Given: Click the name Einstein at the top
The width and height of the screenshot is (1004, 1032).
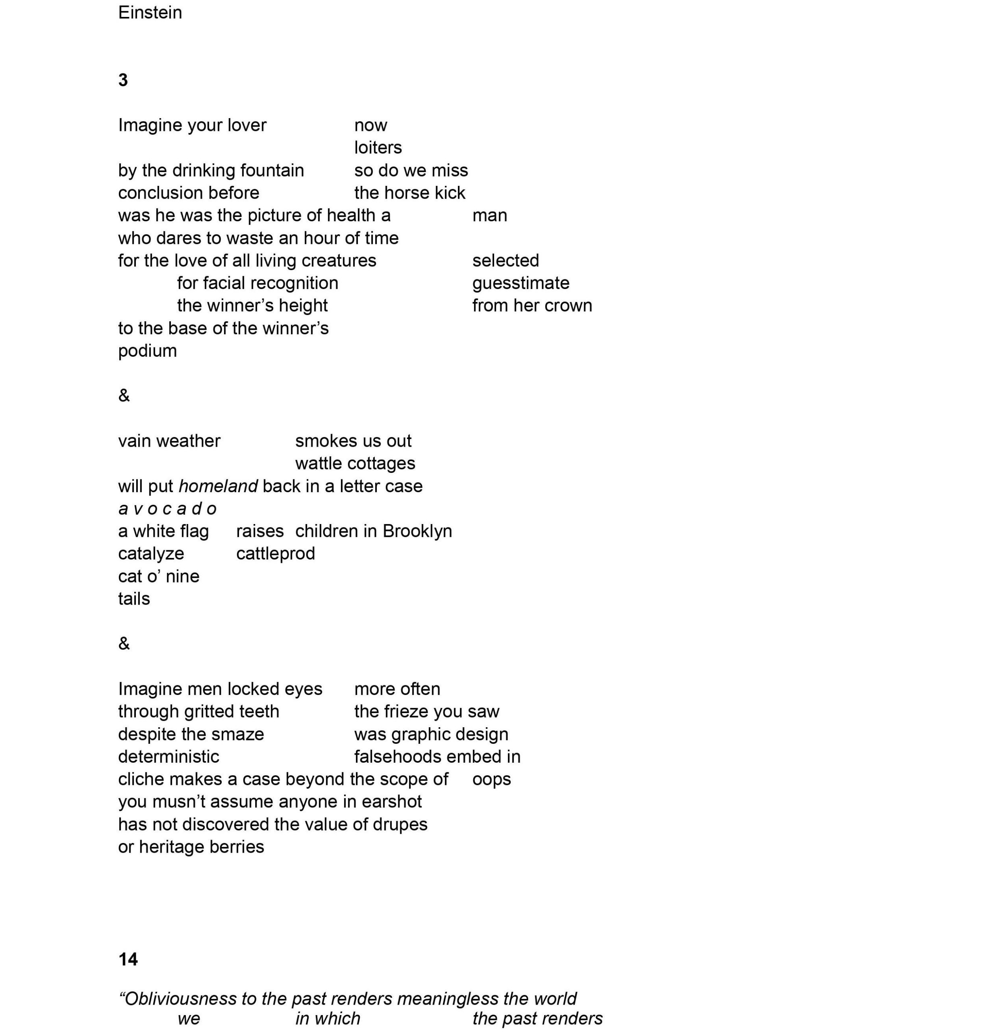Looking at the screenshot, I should click(150, 12).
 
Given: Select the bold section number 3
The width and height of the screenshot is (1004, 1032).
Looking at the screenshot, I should click(123, 80).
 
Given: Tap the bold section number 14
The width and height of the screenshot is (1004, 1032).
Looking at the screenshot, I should click(128, 959).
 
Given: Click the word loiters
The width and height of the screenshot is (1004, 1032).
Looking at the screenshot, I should click(378, 148).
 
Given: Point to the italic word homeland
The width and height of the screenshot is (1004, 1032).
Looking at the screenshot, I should click(218, 486).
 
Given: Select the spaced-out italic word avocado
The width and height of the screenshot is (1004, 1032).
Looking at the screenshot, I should click(167, 509).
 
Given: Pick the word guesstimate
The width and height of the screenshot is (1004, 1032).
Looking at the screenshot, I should click(520, 283).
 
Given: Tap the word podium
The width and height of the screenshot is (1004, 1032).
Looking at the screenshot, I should click(147, 351).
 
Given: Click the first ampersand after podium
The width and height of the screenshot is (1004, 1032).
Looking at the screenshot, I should click(124, 395).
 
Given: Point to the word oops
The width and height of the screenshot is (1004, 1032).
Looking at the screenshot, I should click(491, 779).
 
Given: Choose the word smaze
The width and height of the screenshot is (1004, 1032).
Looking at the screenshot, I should click(238, 734).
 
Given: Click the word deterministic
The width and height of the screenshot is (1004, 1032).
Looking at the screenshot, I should click(168, 757).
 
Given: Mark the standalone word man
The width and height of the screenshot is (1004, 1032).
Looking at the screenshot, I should click(489, 216).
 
